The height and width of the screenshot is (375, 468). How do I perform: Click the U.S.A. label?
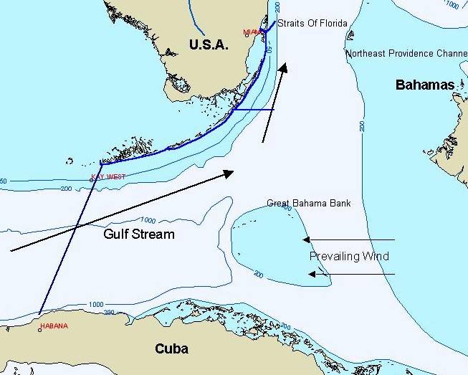click(x=208, y=45)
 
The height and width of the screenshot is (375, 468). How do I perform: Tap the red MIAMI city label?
click(x=253, y=32)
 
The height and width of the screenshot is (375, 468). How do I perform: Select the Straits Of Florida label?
click(x=312, y=24)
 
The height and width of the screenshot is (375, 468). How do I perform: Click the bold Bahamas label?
click(x=425, y=85)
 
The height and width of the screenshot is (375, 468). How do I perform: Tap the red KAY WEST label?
click(x=108, y=176)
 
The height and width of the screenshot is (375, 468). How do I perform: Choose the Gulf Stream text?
click(x=138, y=234)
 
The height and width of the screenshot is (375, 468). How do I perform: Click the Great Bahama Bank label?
click(x=309, y=204)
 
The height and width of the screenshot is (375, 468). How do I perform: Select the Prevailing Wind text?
click(x=349, y=256)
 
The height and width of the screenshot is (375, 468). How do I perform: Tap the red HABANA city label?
click(x=54, y=326)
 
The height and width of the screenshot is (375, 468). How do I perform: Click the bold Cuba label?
click(x=172, y=349)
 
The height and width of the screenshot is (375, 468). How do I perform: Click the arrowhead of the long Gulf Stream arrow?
click(x=230, y=173)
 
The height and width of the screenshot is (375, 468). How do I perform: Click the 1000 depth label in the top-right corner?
click(x=452, y=5)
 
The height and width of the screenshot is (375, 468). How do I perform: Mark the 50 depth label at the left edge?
click(x=4, y=181)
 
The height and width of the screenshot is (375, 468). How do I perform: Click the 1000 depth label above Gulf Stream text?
click(x=148, y=221)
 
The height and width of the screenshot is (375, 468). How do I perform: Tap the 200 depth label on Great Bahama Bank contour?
click(x=259, y=275)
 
